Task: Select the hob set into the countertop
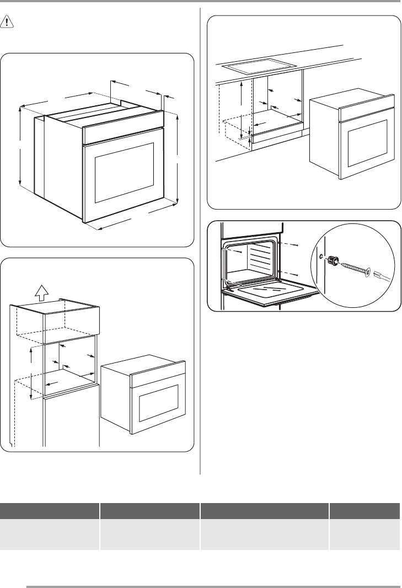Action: pyautogui.click(x=255, y=68)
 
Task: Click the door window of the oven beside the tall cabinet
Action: pyautogui.click(x=158, y=402)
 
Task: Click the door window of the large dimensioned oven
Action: pyautogui.click(x=125, y=172)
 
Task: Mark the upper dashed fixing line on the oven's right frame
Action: pyautogui.click(x=288, y=244)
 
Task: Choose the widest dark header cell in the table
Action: pyautogui.click(x=264, y=510)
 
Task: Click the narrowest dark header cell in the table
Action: pyautogui.click(x=365, y=510)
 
